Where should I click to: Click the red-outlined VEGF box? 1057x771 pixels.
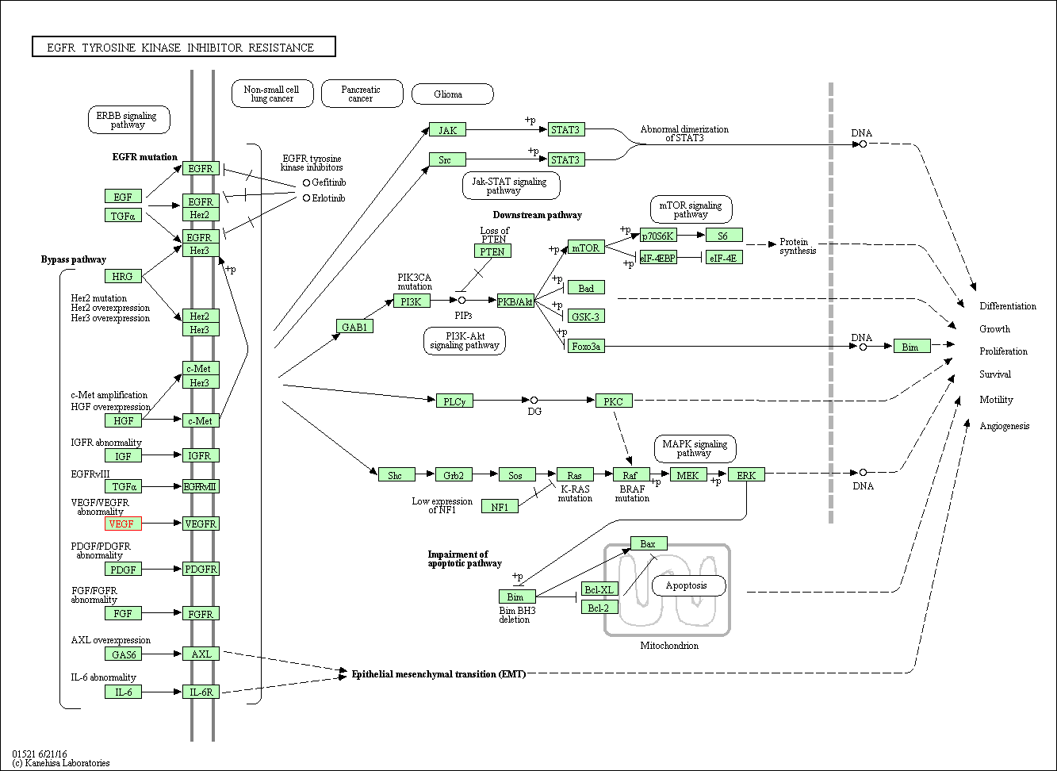click(123, 524)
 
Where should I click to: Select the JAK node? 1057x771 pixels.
click(447, 129)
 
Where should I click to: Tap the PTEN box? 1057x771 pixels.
click(492, 251)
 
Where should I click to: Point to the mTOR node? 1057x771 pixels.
click(586, 247)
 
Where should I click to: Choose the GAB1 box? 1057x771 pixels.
click(354, 326)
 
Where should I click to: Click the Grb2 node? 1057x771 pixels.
click(454, 474)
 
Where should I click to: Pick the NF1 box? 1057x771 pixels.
click(500, 506)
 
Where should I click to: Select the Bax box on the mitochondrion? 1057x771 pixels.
click(648, 543)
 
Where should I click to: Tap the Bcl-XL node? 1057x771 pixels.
click(599, 589)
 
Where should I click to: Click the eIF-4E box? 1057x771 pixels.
click(723, 257)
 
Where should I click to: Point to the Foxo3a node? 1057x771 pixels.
click(586, 346)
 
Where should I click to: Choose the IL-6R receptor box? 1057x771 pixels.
click(201, 692)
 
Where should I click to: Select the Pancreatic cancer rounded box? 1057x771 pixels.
click(361, 94)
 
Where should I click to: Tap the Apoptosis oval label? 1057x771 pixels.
click(688, 585)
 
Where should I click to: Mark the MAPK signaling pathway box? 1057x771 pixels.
click(694, 448)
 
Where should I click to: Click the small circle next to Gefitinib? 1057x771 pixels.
click(306, 182)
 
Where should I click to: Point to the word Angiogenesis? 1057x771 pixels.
click(1004, 426)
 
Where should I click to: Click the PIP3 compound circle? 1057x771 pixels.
click(461, 301)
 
